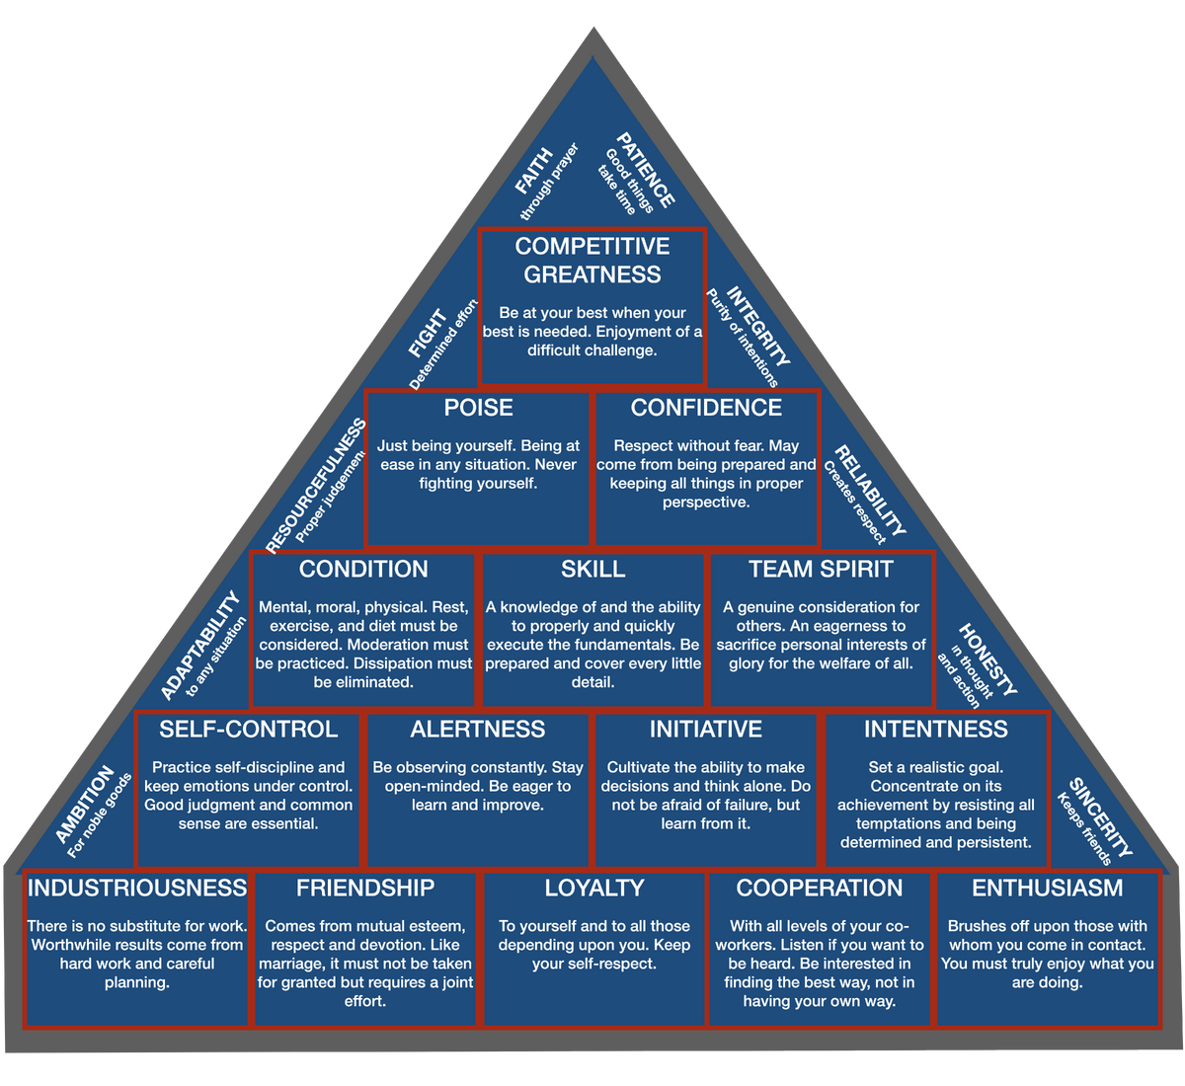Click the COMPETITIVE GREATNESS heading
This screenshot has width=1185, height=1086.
pyautogui.click(x=592, y=260)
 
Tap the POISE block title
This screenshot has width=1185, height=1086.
pyautogui.click(x=478, y=408)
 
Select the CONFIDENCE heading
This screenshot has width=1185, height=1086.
pyautogui.click(x=706, y=408)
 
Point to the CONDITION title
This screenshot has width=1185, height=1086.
pyautogui.click(x=363, y=569)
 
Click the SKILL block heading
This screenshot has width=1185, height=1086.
pyautogui.click(x=592, y=569)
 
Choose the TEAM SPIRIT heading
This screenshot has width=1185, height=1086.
pyautogui.click(x=821, y=569)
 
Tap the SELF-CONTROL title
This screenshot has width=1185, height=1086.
pyautogui.click(x=248, y=730)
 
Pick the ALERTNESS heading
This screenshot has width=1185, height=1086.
pyautogui.click(x=478, y=730)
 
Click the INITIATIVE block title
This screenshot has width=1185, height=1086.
pyautogui.click(x=706, y=730)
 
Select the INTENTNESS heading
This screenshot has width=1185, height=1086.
pyautogui.click(x=936, y=730)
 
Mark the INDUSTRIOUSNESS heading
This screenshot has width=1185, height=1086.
pyautogui.click(x=137, y=888)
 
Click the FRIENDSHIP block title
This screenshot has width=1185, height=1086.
pyautogui.click(x=365, y=888)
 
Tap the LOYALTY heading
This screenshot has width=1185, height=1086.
pyautogui.click(x=592, y=888)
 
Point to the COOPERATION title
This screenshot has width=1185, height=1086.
pyautogui.click(x=820, y=888)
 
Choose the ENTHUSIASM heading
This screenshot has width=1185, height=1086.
pyautogui.click(x=1048, y=888)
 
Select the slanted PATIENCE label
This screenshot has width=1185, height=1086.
pyautogui.click(x=647, y=170)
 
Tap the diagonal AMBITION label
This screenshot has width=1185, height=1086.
pyautogui.click(x=85, y=804)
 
